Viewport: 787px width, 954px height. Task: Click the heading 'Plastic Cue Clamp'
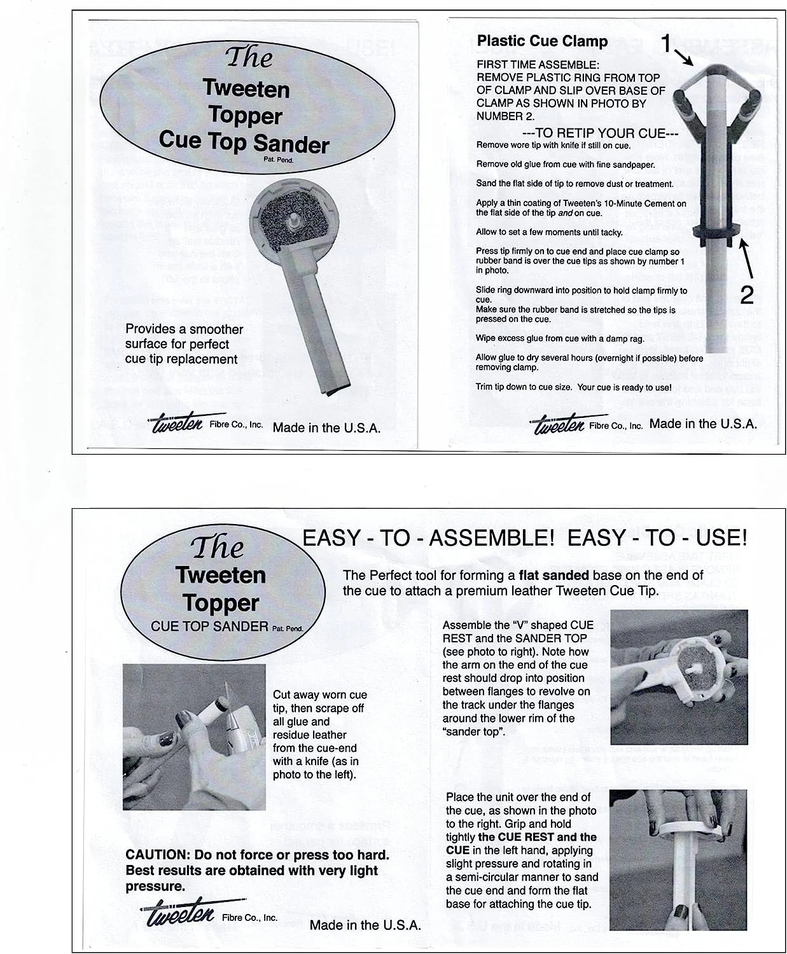tap(542, 41)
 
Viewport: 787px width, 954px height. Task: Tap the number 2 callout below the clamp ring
tap(747, 294)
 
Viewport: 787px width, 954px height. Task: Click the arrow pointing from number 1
tap(685, 59)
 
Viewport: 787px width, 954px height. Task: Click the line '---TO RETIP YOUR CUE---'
tap(600, 133)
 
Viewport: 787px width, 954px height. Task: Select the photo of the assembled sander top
tap(678, 677)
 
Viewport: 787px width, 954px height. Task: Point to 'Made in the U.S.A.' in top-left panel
tap(326, 428)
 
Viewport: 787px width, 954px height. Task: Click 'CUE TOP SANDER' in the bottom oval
tap(209, 626)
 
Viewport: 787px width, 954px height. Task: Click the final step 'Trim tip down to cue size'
tap(573, 387)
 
